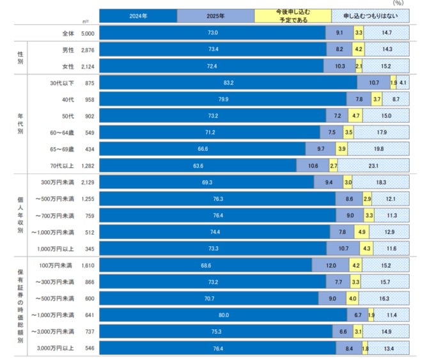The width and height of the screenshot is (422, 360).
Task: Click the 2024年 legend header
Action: [x=137, y=15]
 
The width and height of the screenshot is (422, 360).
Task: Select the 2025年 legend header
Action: [x=215, y=15]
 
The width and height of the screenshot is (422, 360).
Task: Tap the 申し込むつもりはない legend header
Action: [x=370, y=15]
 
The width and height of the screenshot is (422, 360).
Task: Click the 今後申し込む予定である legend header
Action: [x=292, y=15]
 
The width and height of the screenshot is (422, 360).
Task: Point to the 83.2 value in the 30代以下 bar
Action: [x=228, y=82]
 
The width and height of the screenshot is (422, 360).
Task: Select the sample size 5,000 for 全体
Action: [x=88, y=32]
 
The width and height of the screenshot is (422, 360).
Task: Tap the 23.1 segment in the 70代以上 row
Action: [x=373, y=166]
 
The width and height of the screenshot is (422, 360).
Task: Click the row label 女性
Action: [x=66, y=64]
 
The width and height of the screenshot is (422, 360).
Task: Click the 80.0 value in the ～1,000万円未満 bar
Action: [x=223, y=315]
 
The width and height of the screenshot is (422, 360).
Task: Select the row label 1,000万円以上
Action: [x=58, y=248]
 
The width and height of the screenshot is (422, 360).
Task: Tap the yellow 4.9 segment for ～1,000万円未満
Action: [x=361, y=231]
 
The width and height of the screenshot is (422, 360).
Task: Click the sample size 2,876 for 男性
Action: [x=88, y=49]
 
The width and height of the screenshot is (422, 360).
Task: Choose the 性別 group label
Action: [x=21, y=56]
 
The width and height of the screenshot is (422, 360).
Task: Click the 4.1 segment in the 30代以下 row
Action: [x=403, y=82]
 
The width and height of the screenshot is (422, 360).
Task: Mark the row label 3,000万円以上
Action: [x=58, y=348]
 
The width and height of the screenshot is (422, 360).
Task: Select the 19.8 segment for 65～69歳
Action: [x=378, y=149]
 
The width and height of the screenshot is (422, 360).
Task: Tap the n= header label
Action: [x=88, y=20]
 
